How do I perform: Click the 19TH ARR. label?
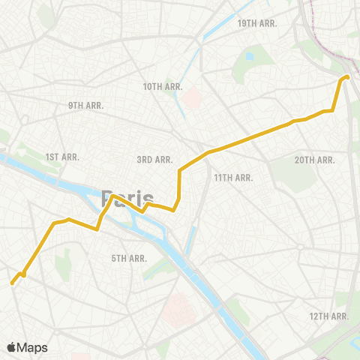point(257,23)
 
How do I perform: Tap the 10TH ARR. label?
point(163,86)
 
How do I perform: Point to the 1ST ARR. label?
point(62,157)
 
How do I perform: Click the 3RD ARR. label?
point(155,159)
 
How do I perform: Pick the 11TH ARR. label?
point(233,177)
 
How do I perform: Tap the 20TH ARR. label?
point(314,160)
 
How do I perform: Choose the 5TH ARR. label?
point(129,258)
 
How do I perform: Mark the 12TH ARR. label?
point(328,316)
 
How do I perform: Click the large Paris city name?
point(124,199)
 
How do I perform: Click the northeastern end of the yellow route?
point(347,76)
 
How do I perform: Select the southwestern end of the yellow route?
point(12,283)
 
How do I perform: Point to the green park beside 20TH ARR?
point(283,175)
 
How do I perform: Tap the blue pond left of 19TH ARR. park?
point(249,55)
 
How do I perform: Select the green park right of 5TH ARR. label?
point(156,267)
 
